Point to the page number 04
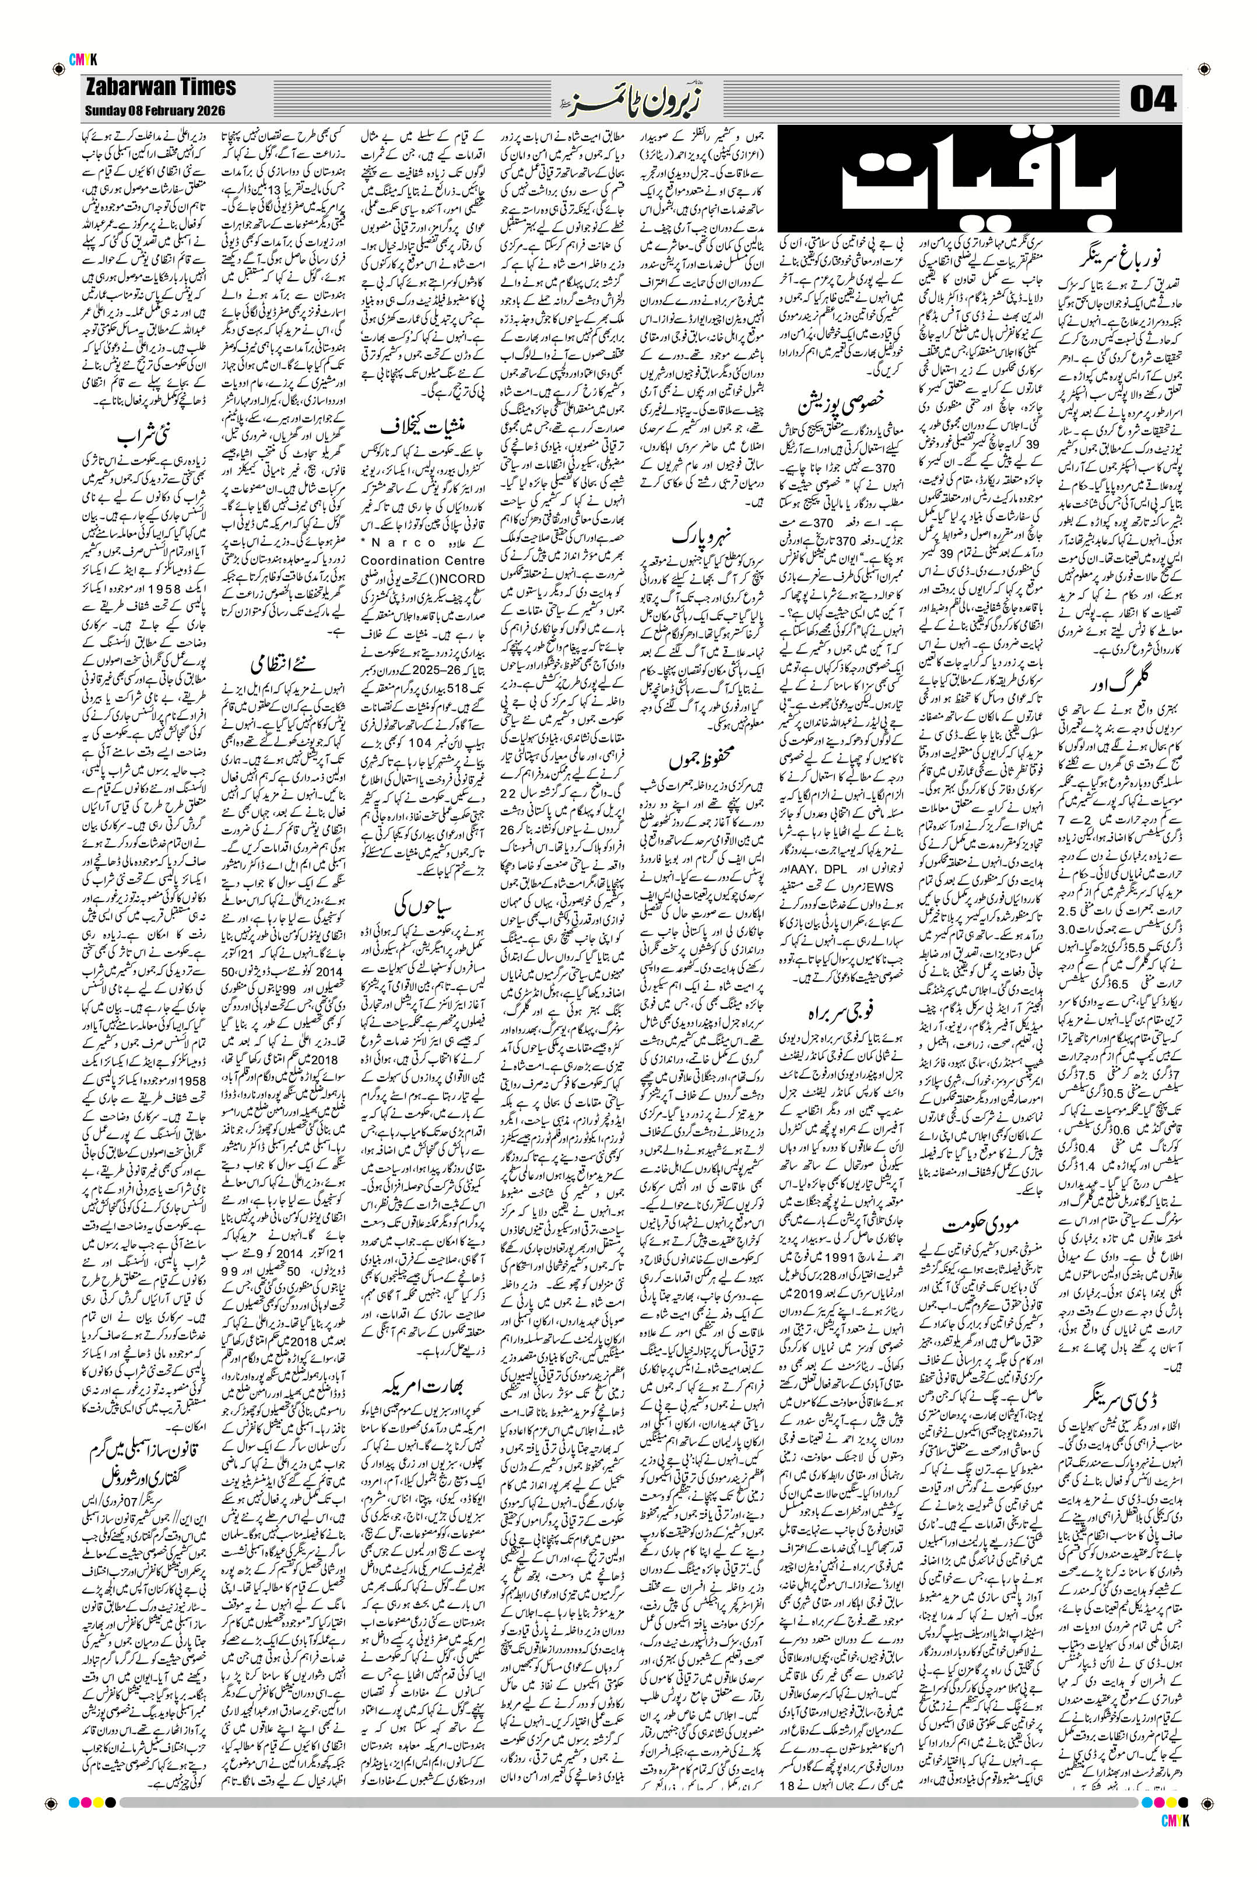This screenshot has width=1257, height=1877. tap(1153, 100)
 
